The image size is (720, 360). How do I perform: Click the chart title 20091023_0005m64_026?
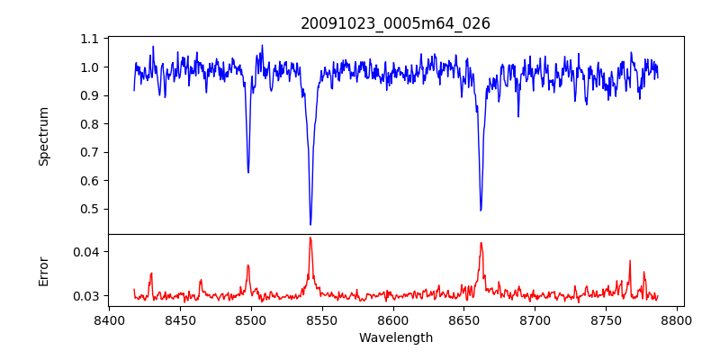(x=395, y=23)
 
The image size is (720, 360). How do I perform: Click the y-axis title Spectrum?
(x=43, y=136)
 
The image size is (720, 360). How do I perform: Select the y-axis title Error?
(x=43, y=270)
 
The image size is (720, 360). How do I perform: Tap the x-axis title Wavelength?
(x=395, y=338)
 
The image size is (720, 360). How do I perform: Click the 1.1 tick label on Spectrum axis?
(x=89, y=39)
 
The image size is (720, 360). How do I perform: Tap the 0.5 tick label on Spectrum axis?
(x=89, y=209)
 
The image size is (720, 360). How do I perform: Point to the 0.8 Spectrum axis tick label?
(x=89, y=124)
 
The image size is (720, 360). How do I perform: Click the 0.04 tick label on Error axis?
(x=85, y=252)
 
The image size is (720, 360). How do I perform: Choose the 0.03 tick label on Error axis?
(x=85, y=296)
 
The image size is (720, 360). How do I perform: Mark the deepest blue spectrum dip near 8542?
(x=310, y=224)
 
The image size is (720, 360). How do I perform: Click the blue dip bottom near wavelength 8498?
(x=248, y=172)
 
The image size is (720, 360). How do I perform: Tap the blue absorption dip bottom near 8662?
(x=481, y=211)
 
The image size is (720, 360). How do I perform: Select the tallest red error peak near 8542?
(x=310, y=238)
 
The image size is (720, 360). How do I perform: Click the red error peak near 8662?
(x=481, y=243)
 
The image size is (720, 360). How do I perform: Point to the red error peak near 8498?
(x=248, y=265)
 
